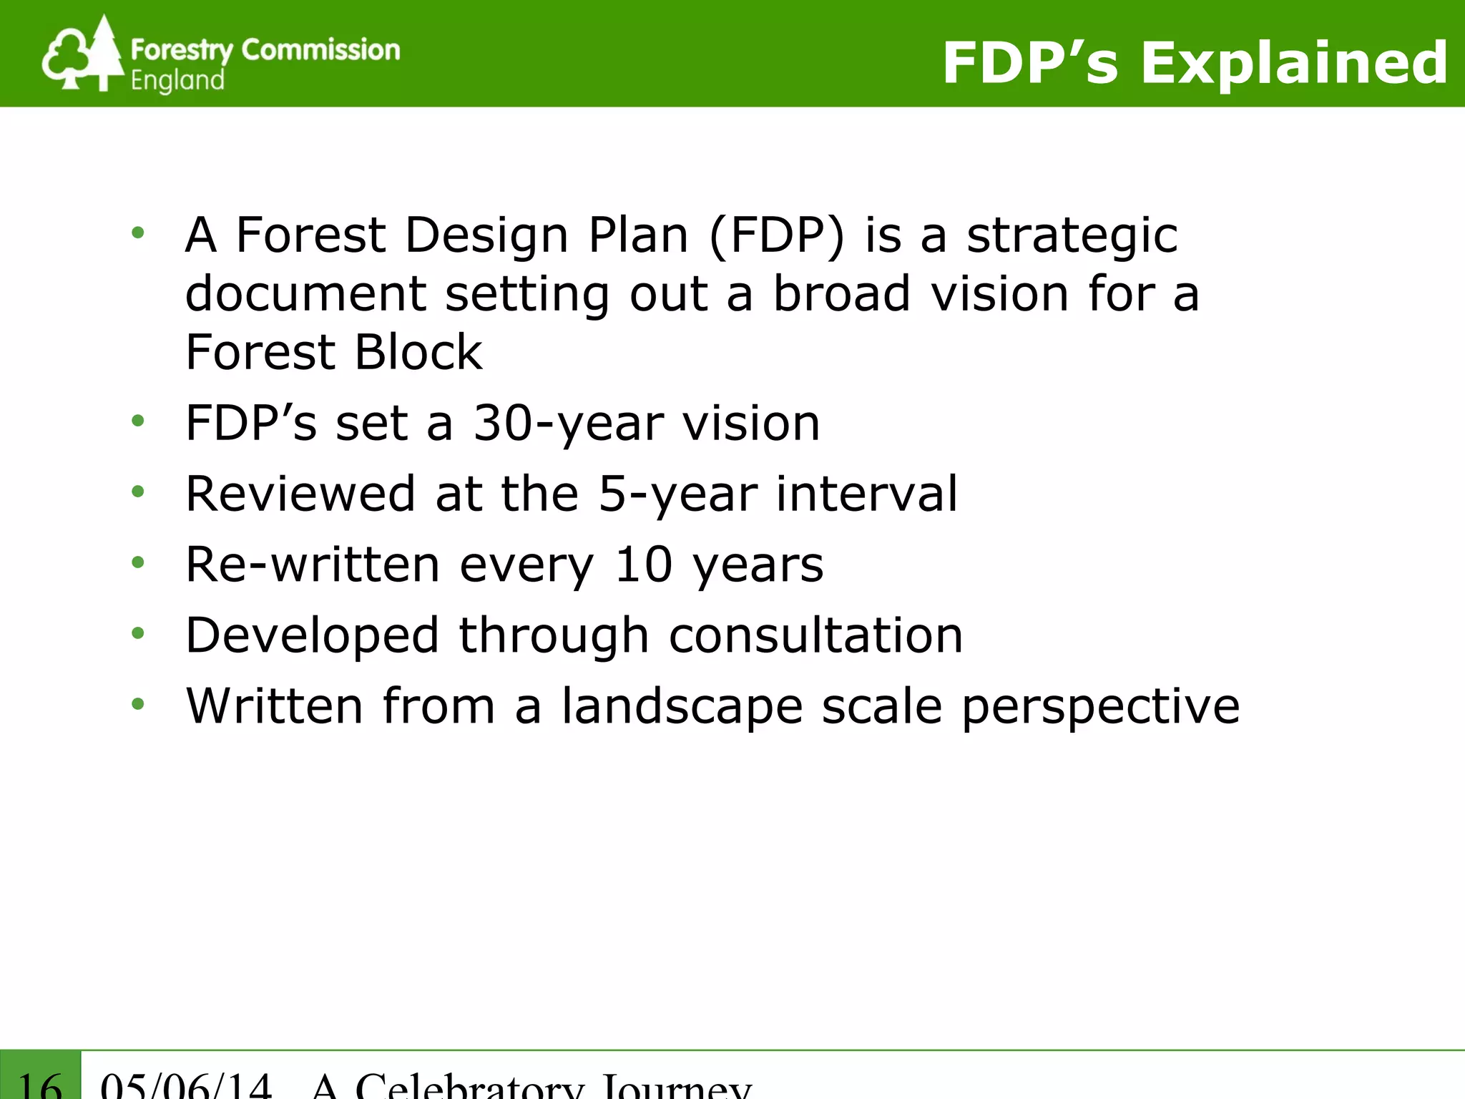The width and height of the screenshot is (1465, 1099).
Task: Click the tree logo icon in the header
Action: pyautogui.click(x=82, y=54)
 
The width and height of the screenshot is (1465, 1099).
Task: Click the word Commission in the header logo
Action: pyautogui.click(x=320, y=50)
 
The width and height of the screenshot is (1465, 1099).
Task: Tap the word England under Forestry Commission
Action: pyautogui.click(x=177, y=81)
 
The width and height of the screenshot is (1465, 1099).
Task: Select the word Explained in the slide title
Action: pyautogui.click(x=1294, y=63)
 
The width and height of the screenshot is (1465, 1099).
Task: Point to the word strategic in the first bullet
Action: pyautogui.click(x=1072, y=236)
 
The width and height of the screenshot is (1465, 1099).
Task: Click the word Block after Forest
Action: pyautogui.click(x=418, y=352)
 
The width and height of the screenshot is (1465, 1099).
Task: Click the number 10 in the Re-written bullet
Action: pyautogui.click(x=644, y=565)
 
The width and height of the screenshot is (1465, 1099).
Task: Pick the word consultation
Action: pyautogui.click(x=815, y=635)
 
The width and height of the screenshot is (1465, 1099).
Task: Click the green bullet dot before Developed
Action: pyautogui.click(x=138, y=633)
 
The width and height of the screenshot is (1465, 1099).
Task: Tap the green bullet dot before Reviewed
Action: pyautogui.click(x=138, y=492)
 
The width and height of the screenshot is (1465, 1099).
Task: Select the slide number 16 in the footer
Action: pyautogui.click(x=40, y=1083)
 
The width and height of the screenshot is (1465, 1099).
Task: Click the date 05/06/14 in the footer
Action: pyautogui.click(x=186, y=1085)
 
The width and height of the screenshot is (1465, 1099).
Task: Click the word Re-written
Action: pyautogui.click(x=313, y=565)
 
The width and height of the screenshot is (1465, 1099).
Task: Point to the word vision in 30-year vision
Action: pyautogui.click(x=750, y=424)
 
